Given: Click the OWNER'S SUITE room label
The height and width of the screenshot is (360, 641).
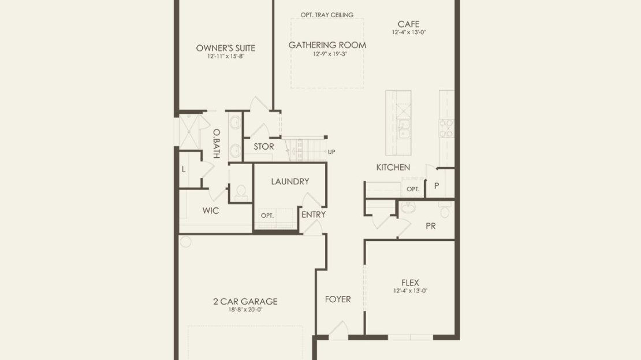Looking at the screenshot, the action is [x=225, y=48].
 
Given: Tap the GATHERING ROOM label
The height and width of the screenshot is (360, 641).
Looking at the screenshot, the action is [x=327, y=45].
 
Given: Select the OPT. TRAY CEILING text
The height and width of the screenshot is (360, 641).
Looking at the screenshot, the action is [x=327, y=14].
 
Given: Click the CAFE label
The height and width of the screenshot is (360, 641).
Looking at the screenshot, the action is [x=408, y=24].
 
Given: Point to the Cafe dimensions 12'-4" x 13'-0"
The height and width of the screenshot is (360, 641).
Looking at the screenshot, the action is [x=409, y=32].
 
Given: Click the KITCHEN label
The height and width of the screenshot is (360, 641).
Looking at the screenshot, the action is [x=393, y=167].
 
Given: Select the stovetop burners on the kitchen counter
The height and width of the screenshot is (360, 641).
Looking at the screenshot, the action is [x=446, y=128].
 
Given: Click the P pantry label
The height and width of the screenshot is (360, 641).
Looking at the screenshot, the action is [x=437, y=185].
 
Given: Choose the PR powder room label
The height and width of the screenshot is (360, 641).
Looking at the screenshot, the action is [x=430, y=226].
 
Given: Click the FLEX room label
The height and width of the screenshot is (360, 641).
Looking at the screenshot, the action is [x=410, y=283].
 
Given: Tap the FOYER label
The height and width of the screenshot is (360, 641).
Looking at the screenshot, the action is [x=338, y=299].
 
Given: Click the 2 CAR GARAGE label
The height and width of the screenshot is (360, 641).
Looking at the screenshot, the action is [x=245, y=302].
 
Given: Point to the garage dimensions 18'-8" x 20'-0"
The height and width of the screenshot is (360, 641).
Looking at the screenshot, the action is [x=245, y=310].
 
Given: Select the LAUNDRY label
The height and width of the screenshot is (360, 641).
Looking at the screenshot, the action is [x=290, y=181].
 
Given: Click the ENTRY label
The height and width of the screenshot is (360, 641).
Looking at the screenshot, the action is [x=314, y=214].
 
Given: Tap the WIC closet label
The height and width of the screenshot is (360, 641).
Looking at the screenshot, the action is [x=211, y=211].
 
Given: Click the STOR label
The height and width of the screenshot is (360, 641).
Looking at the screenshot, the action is [x=264, y=146].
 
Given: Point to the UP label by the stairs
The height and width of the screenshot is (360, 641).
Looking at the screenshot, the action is [x=331, y=152].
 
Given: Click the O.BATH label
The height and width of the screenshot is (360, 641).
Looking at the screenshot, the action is [x=217, y=143].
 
